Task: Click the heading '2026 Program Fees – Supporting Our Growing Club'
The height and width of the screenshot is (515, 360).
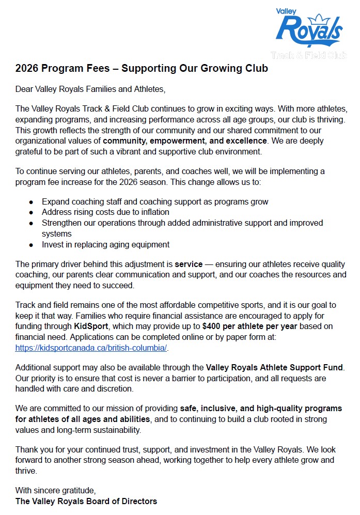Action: pyautogui.click(x=142, y=68)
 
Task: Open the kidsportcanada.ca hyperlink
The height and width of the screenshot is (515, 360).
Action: pyautogui.click(x=91, y=348)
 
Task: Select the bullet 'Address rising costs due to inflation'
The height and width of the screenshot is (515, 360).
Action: pyautogui.click(x=105, y=212)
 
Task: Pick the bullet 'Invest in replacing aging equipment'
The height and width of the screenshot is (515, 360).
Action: pyautogui.click(x=105, y=244)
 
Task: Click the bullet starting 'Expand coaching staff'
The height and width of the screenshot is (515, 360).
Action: pyautogui.click(x=155, y=201)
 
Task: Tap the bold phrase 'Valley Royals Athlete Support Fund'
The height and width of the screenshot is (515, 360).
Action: pyautogui.click(x=274, y=368)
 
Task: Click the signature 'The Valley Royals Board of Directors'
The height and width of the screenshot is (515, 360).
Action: pyautogui.click(x=86, y=501)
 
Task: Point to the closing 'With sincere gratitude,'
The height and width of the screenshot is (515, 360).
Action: pyautogui.click(x=56, y=490)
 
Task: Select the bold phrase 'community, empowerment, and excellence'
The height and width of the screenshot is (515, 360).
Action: pyautogui.click(x=185, y=141)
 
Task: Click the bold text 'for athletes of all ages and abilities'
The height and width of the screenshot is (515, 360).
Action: pyautogui.click(x=83, y=419)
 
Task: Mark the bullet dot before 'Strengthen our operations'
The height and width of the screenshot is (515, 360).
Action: pyautogui.click(x=32, y=223)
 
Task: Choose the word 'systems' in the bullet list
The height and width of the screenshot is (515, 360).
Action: pyautogui.click(x=56, y=233)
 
